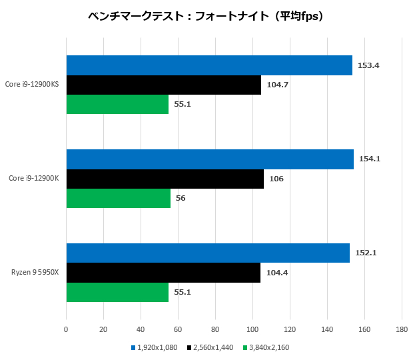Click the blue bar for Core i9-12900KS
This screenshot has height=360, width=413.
point(209,65)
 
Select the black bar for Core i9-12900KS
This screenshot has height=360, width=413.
point(164,85)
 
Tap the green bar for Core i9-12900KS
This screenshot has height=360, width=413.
point(117,104)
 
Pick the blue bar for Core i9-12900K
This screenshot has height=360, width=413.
point(210,159)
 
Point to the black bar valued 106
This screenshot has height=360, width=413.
point(165,179)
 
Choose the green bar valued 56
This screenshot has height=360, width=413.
point(119,198)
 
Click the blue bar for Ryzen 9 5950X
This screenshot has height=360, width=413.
point(208,253)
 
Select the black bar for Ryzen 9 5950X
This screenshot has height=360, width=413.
point(163,273)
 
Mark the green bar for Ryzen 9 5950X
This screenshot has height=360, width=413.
point(117,292)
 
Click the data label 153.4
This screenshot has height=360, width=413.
point(368,65)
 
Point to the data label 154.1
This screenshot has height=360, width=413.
point(370,159)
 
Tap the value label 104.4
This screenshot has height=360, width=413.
point(276,273)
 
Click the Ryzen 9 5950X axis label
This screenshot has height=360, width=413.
point(35,273)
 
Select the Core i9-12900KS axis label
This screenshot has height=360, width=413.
point(33,85)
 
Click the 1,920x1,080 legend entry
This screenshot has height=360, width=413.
point(154,347)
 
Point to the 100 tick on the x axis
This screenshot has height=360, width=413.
point(252,329)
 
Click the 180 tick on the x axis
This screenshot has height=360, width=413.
point(401,329)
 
